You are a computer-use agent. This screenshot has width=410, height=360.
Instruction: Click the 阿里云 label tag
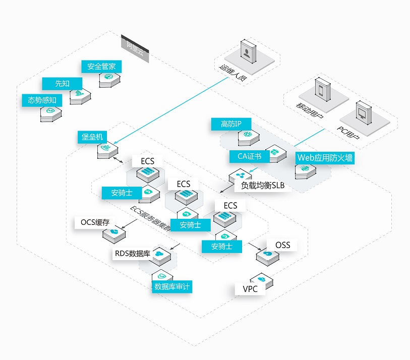coord(135,49)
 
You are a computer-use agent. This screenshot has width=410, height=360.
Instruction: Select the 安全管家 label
coord(101,67)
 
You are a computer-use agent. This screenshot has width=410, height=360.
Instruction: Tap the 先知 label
coord(63,84)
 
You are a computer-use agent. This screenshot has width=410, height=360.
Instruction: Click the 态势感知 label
coord(42,100)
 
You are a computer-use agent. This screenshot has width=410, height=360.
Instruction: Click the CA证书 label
coord(249,156)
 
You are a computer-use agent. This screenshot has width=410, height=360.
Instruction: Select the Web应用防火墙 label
coord(325,158)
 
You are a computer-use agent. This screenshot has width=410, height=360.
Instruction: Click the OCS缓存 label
coord(95,222)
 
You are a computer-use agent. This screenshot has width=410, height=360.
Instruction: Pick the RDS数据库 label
coord(132,253)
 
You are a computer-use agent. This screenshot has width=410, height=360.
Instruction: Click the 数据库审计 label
coord(172,287)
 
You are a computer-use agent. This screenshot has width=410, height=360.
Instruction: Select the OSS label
coord(283,245)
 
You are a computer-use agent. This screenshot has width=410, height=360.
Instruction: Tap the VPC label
coord(250,289)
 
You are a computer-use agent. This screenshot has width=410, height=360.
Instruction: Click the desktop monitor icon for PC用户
coord(362,110)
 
